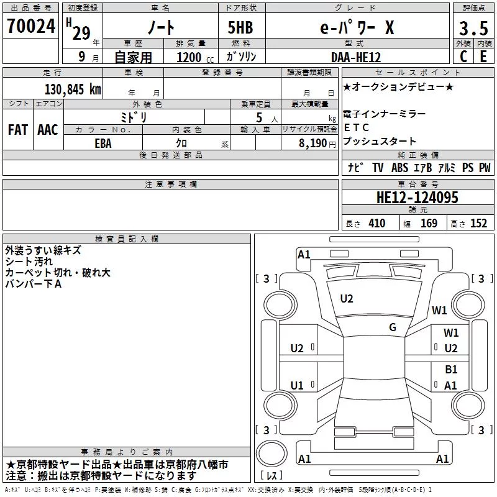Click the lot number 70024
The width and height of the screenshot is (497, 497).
pos(31,26)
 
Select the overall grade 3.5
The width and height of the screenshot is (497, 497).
pos(473,29)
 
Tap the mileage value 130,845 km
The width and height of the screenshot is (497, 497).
pos(73,89)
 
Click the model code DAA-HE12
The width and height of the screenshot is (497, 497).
pos(355,57)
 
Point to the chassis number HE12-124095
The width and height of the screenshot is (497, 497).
pos(417,198)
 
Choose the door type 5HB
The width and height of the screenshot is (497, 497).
pos(240,27)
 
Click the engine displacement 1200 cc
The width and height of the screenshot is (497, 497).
pos(195,57)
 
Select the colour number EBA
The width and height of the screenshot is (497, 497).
pos(103,144)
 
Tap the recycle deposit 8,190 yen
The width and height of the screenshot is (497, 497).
pos(317,144)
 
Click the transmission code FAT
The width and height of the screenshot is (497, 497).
pos(18,130)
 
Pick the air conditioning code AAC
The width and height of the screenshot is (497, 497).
pos(48,130)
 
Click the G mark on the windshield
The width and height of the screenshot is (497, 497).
pos(393,327)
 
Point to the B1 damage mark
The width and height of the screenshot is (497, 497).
pos(451,369)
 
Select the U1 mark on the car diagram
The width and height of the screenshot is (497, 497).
pos(297,385)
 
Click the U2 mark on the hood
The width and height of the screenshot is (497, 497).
pos(347,299)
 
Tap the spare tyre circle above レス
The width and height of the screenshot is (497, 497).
pos(271,454)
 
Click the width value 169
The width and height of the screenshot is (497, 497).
pos(429,223)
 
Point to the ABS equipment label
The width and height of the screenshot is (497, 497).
pos(399,168)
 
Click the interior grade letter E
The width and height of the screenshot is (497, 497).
pos(483,57)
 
